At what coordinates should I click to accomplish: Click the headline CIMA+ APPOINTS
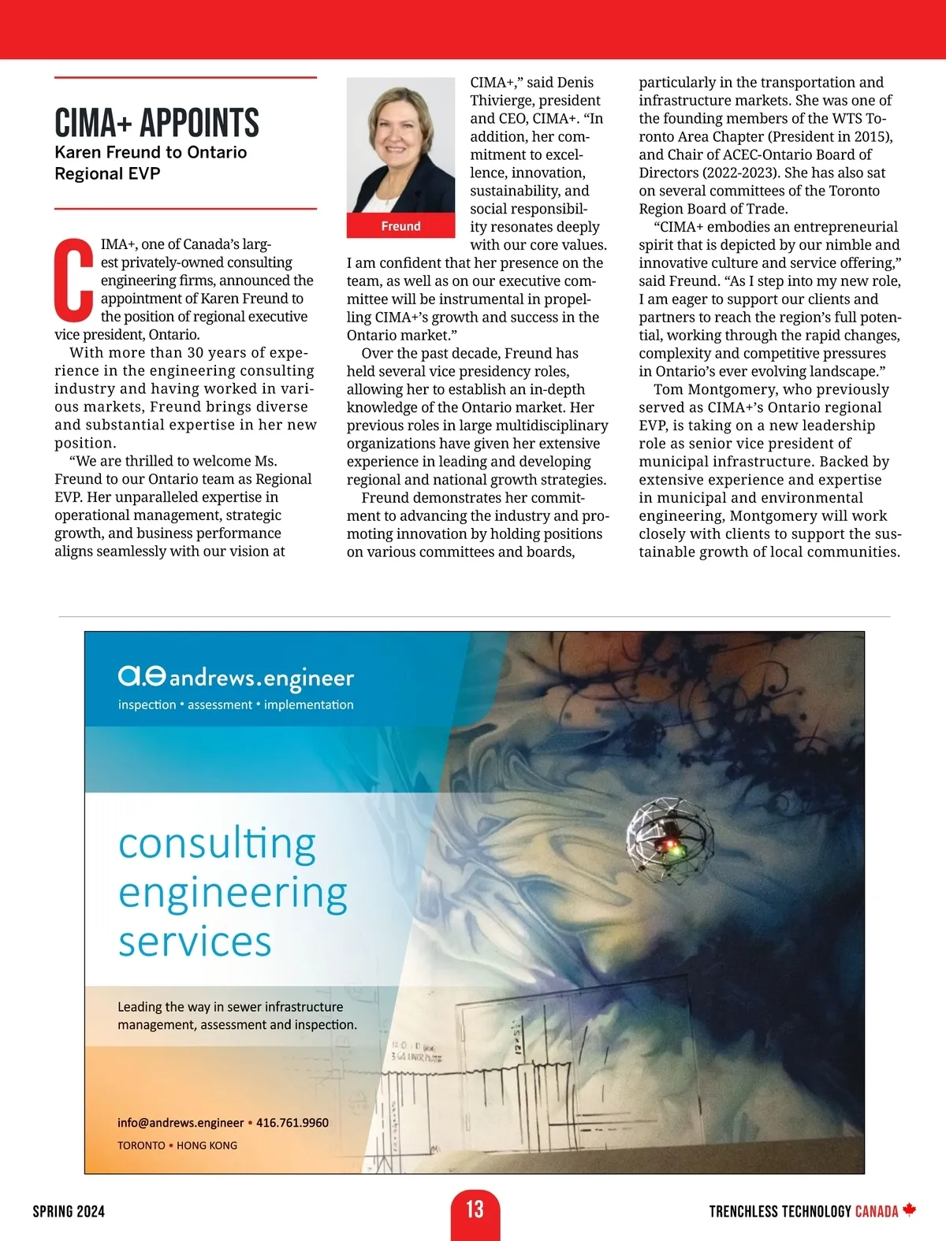[157, 123]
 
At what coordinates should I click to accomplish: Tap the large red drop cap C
[73, 280]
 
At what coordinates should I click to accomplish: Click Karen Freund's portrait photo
[400, 145]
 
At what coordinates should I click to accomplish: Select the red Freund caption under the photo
[400, 226]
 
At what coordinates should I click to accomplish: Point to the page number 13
[475, 1209]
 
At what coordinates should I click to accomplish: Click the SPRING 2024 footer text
[69, 1212]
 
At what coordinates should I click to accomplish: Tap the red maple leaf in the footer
[910, 1209]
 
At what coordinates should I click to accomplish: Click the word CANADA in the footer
[876, 1212]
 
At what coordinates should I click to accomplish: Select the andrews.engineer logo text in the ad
[261, 678]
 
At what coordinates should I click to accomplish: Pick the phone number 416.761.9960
[292, 1123]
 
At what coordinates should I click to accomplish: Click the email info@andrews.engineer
[181, 1123]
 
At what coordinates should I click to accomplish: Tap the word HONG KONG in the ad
[207, 1146]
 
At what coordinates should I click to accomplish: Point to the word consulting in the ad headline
[217, 844]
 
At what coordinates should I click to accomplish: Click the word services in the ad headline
[195, 942]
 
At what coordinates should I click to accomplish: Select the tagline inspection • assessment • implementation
[236, 704]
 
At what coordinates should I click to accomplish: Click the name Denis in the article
[575, 83]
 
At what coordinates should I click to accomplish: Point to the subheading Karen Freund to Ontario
[151, 152]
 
